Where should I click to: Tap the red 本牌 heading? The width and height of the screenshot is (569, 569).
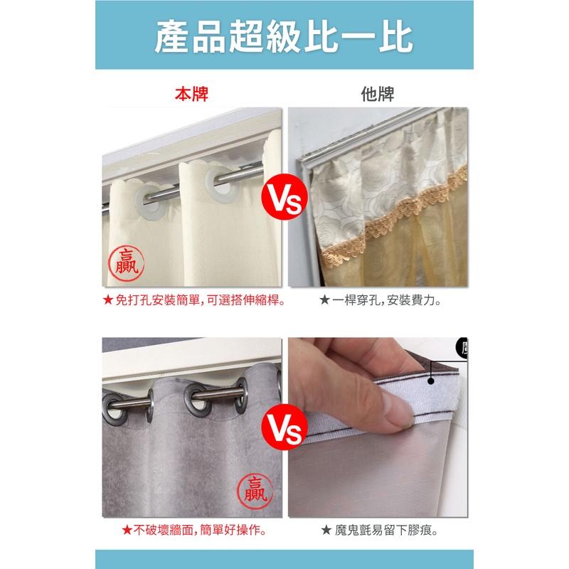pos(192,95)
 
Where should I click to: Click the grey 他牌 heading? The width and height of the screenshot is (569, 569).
pos(377,95)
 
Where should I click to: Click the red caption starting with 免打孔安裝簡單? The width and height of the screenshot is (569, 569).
pos(192,301)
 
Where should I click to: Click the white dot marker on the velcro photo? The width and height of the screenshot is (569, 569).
pos(431,382)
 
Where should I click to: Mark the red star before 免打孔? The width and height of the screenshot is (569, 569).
pos(108,301)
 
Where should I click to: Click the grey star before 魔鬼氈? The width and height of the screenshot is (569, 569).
pos(325,529)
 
